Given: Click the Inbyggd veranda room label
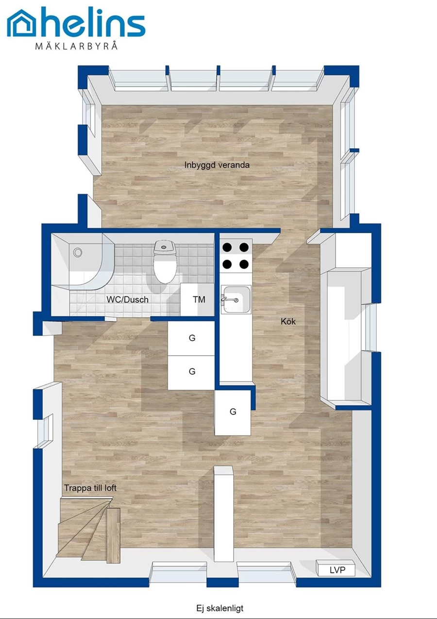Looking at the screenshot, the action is [x=217, y=165].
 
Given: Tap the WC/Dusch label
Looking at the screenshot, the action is [x=127, y=300].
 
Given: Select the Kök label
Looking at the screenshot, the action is [x=288, y=321].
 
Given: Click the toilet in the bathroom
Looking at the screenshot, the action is [x=165, y=262].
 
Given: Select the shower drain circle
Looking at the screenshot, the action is [x=78, y=252].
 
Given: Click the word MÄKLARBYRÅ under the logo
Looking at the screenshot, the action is [x=77, y=45].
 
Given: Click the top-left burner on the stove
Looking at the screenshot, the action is [x=227, y=247].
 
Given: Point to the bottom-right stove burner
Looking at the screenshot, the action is [x=244, y=264].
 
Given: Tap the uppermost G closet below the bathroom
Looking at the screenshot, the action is [x=191, y=339].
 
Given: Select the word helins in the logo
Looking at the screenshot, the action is [x=94, y=23].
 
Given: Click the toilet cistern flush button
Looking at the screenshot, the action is [x=165, y=246].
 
